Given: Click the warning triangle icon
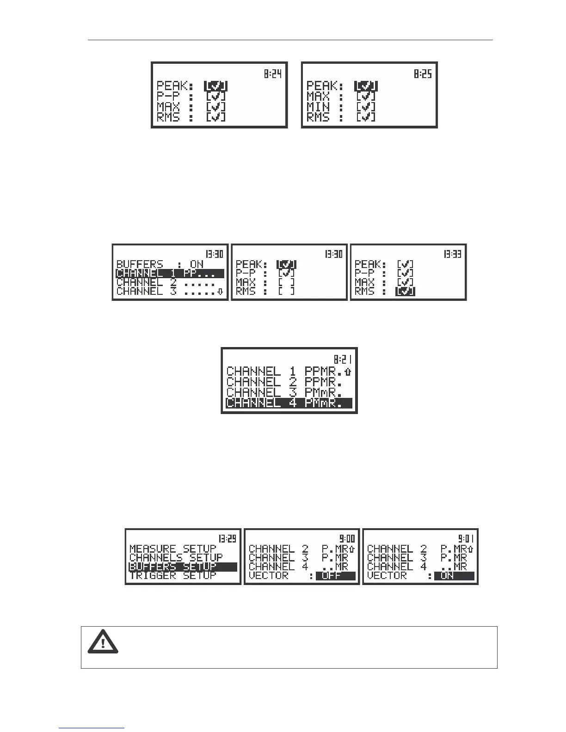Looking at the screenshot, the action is coord(103,642).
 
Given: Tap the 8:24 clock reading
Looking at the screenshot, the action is coord(273,73).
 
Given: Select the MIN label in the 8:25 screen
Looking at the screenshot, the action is coord(318,107).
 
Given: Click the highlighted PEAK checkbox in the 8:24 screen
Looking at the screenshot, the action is coord(216,86).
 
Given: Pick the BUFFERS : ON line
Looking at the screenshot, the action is coord(160,264).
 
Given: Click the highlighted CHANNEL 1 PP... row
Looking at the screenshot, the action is coord(170,274).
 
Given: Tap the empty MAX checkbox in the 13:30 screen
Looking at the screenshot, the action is coord(286,282).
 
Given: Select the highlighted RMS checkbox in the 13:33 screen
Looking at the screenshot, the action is coord(405,292).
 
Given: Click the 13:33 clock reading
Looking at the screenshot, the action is coord(452,254).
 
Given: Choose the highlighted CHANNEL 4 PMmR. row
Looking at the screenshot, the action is coord(289,403).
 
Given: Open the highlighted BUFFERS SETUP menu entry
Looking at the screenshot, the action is coord(183,567).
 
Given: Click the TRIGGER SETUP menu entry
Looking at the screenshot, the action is coord(173,575).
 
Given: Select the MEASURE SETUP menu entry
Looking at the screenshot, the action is coord(173,549).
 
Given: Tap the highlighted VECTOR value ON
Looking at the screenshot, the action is coord(454,576).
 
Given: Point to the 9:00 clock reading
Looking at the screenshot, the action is coord(347,538).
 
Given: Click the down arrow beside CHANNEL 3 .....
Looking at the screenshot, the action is coord(220,292).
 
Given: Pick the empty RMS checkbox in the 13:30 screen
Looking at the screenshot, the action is coord(286,292).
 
